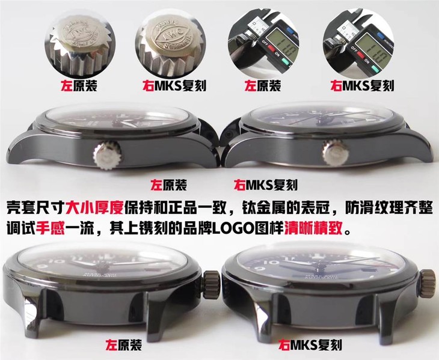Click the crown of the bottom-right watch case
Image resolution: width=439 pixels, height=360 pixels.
tap(428, 280)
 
